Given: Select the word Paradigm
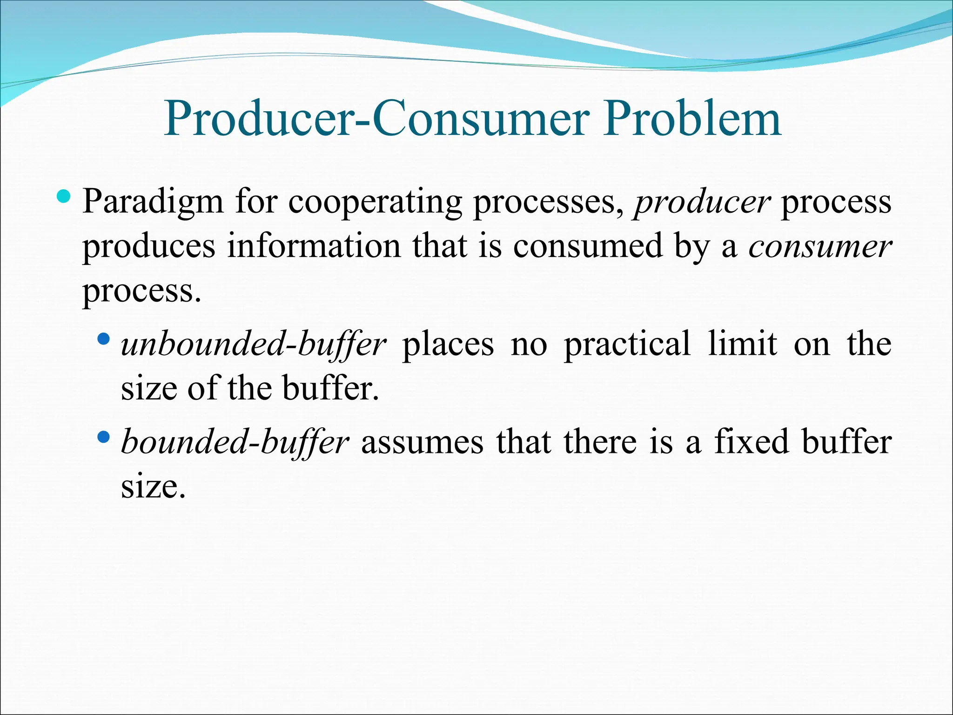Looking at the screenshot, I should pos(153,203).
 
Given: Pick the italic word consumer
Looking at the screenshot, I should pos(820,247).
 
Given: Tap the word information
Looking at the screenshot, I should pos(314,247).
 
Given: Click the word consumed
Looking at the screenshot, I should pos(588,247).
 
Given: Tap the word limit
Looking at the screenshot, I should pos(742,344).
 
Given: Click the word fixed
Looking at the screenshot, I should pos(752,442).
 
